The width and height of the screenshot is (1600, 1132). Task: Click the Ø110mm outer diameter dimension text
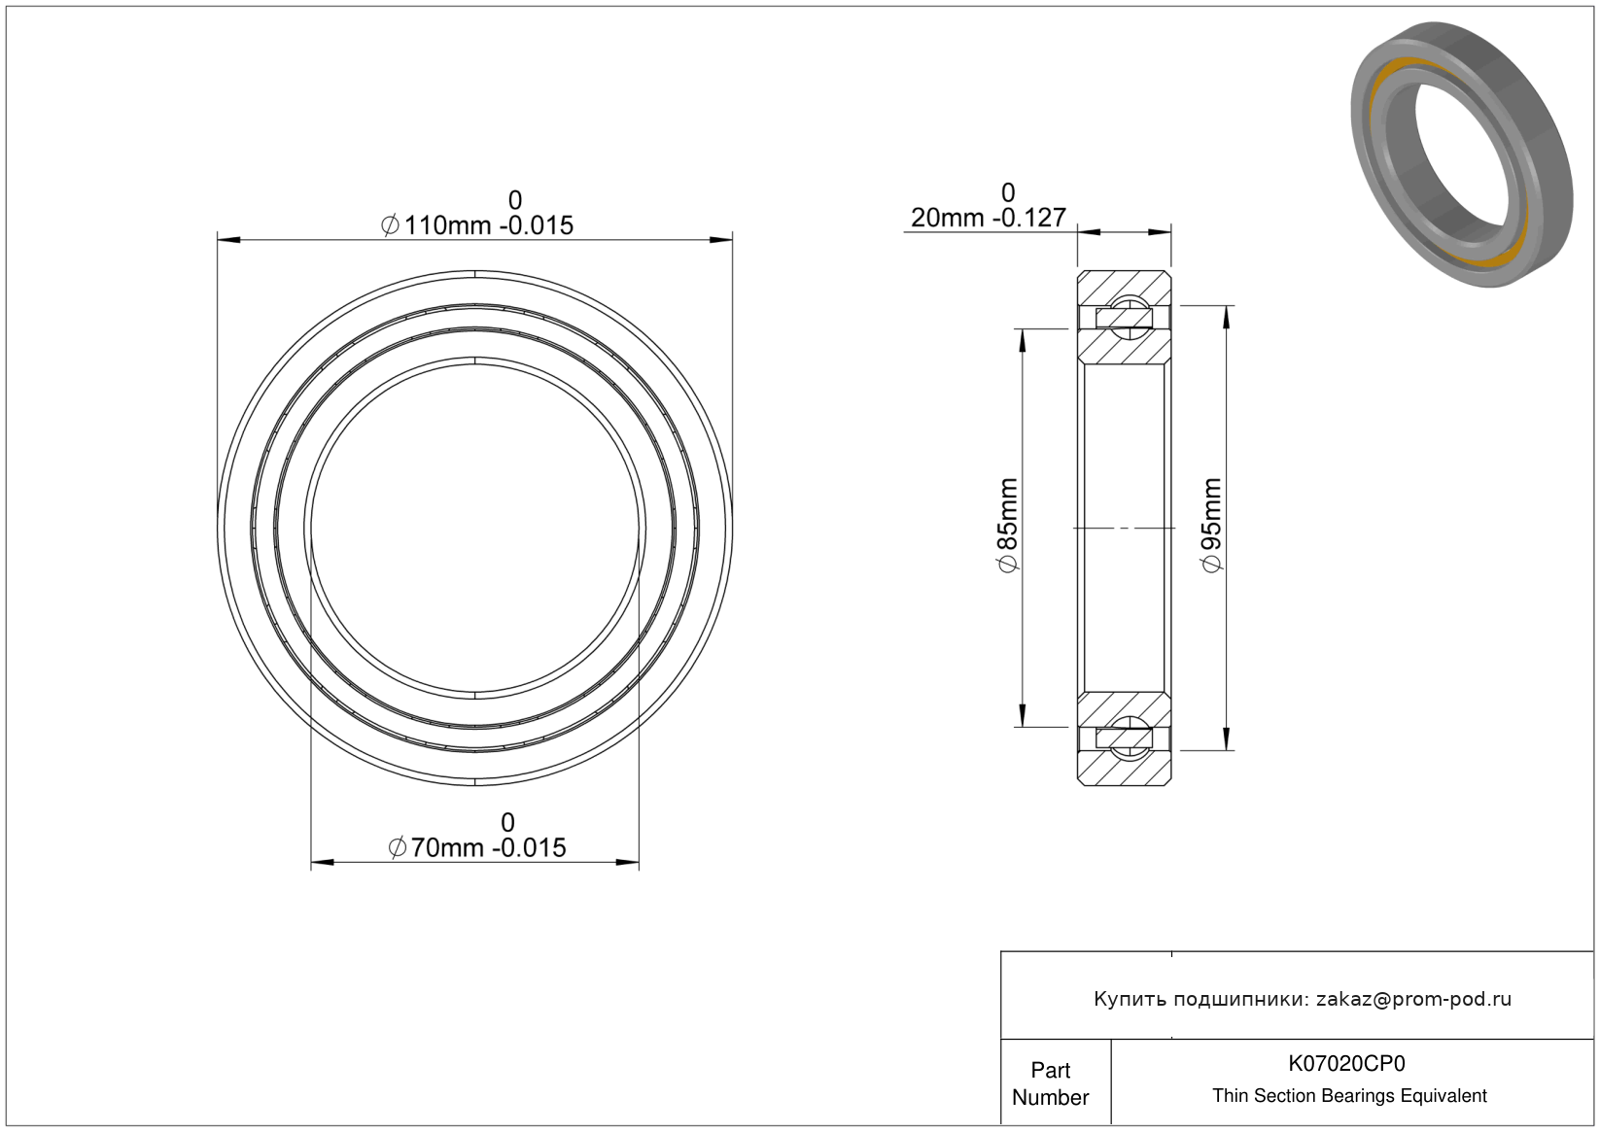click(477, 225)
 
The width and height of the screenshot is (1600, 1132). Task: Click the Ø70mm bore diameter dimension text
click(476, 847)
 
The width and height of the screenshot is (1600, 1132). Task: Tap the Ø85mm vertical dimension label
click(1007, 525)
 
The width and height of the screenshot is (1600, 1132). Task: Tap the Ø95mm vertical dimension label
click(1211, 525)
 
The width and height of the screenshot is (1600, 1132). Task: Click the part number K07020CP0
click(1346, 1064)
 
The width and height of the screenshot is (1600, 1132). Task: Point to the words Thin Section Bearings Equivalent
click(1349, 1096)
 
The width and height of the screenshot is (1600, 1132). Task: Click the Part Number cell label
click(1051, 1083)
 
